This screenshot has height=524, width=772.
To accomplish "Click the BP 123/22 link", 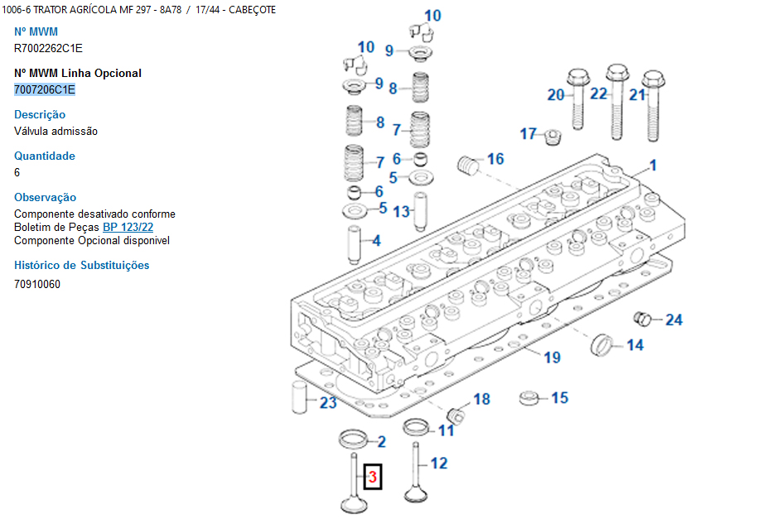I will pyautogui.click(x=128, y=227).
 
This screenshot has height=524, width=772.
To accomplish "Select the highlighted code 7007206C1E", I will pyautogui.click(x=45, y=89).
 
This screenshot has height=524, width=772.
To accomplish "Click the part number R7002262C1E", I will pyautogui.click(x=48, y=48).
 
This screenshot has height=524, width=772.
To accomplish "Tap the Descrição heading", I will pyautogui.click(x=40, y=114).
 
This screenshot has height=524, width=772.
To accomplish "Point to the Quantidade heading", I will pyautogui.click(x=45, y=156).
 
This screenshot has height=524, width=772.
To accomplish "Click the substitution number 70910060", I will pyautogui.click(x=37, y=284).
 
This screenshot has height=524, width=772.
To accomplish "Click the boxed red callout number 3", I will pyautogui.click(x=373, y=477).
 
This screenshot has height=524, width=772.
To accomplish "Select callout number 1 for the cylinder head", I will pyautogui.click(x=653, y=164).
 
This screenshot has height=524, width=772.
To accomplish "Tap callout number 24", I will pyautogui.click(x=674, y=320).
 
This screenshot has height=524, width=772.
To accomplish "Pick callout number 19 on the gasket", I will pyautogui.click(x=552, y=357).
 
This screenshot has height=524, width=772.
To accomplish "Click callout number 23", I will pyautogui.click(x=329, y=402).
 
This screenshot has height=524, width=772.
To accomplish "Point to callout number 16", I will pyautogui.click(x=495, y=159).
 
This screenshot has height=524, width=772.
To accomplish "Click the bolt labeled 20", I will pyautogui.click(x=577, y=99).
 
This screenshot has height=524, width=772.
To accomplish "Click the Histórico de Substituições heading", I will pyautogui.click(x=81, y=265).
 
